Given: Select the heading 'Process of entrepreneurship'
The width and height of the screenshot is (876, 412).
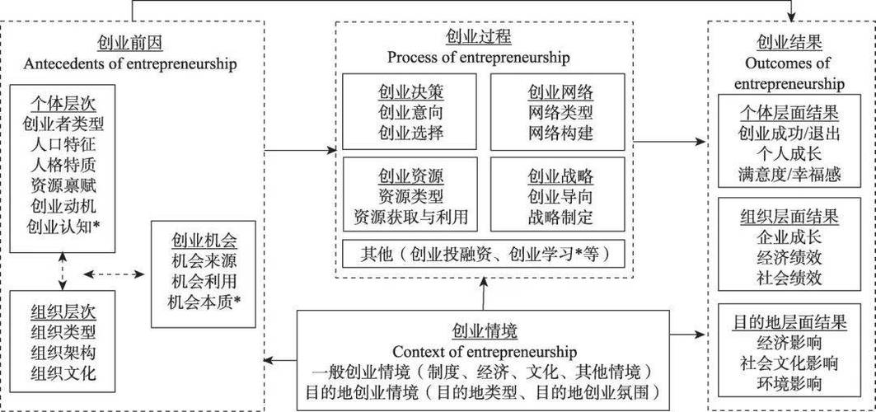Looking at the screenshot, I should (479, 58).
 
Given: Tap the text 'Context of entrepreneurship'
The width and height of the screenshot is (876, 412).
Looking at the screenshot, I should (485, 351).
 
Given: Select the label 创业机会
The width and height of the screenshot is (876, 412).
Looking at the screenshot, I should (204, 241).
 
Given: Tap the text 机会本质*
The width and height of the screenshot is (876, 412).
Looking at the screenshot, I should (204, 301).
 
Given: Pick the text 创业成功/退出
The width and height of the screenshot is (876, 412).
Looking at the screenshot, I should (789, 133).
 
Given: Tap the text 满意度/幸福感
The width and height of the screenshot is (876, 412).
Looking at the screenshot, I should (789, 173).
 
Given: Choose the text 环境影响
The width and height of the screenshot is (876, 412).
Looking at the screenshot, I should (789, 382).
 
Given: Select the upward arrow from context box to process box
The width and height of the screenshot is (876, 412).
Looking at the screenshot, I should (485, 293).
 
